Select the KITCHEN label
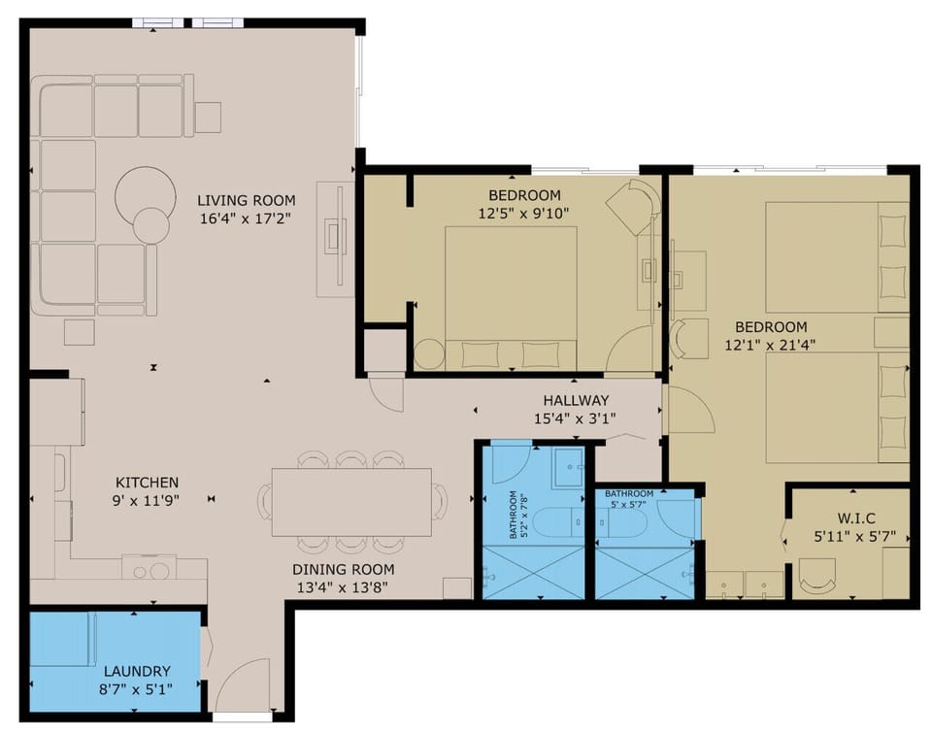(x=147, y=482)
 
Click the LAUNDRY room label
(x=137, y=671)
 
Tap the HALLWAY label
(x=576, y=400)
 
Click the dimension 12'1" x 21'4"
(x=770, y=345)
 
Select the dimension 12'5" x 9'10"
(x=524, y=213)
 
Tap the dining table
(x=351, y=502)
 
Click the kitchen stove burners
(x=149, y=569)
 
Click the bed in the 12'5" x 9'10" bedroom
(x=511, y=296)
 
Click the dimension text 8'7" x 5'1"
(x=137, y=690)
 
